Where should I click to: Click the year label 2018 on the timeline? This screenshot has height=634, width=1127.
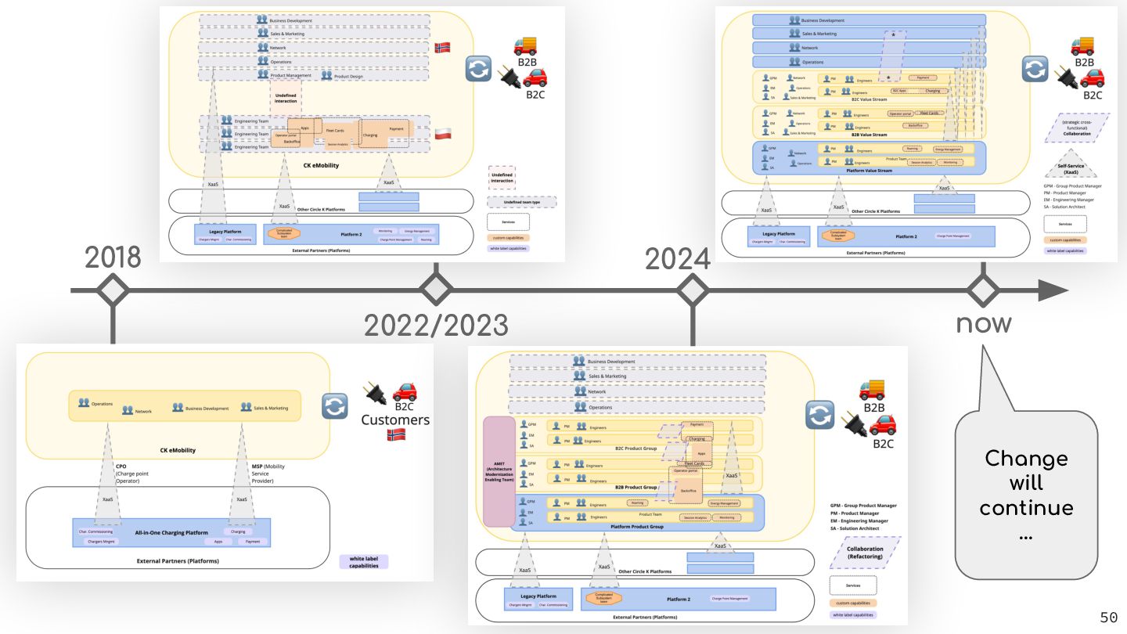pos(113,257)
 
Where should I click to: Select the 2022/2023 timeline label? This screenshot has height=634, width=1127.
pos(436,324)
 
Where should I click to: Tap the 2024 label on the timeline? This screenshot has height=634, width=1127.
pos(677,258)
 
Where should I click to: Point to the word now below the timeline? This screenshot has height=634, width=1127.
pos(983,322)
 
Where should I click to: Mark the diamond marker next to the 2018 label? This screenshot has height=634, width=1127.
pos(113,291)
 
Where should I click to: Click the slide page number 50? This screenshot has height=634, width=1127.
pos(1108,618)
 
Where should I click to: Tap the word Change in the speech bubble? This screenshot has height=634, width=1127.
pos(1025,458)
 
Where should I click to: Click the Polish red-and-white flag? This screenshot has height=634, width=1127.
pos(442,133)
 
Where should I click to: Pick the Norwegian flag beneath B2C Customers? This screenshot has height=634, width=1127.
pos(394,434)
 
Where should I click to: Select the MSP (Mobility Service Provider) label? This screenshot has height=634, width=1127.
pos(264,474)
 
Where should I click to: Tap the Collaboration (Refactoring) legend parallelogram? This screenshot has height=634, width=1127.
pos(864,553)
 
